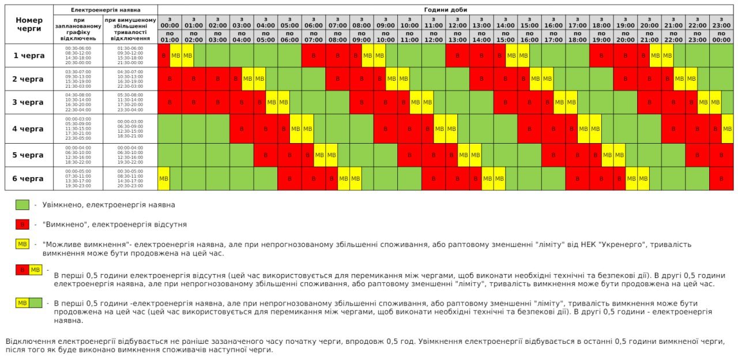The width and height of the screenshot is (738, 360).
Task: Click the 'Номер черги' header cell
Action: [x=28, y=24]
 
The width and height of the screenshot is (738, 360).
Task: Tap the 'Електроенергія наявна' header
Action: [x=106, y=10]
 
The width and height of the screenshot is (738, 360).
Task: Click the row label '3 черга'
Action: [x=28, y=102]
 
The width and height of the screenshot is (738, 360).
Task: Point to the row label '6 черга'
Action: [x=28, y=178]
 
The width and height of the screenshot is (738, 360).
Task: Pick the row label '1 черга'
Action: [x=28, y=55]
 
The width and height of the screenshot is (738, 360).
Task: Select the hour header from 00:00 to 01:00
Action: [x=170, y=29]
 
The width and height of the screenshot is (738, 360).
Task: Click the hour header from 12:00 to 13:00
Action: [x=457, y=29]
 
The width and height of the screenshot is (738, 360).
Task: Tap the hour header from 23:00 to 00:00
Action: [x=721, y=29]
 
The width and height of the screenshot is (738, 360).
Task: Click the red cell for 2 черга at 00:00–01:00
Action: [x=170, y=78]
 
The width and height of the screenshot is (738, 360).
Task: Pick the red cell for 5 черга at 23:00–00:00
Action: [x=721, y=155]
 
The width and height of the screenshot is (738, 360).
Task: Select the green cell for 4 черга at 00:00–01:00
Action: [x=170, y=129]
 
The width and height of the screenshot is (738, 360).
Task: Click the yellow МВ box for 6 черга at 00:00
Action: [x=164, y=178]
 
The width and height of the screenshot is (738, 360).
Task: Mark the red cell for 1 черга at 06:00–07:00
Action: [x=313, y=55]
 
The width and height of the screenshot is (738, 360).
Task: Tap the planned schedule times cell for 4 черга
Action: [x=78, y=129]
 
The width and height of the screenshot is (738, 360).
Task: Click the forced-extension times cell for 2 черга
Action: [x=130, y=78]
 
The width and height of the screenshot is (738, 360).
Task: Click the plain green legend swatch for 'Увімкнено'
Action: [x=22, y=205]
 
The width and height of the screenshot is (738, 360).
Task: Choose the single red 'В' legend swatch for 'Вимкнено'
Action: [x=22, y=224]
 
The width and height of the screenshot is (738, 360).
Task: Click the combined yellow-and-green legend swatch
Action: [x=29, y=303]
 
